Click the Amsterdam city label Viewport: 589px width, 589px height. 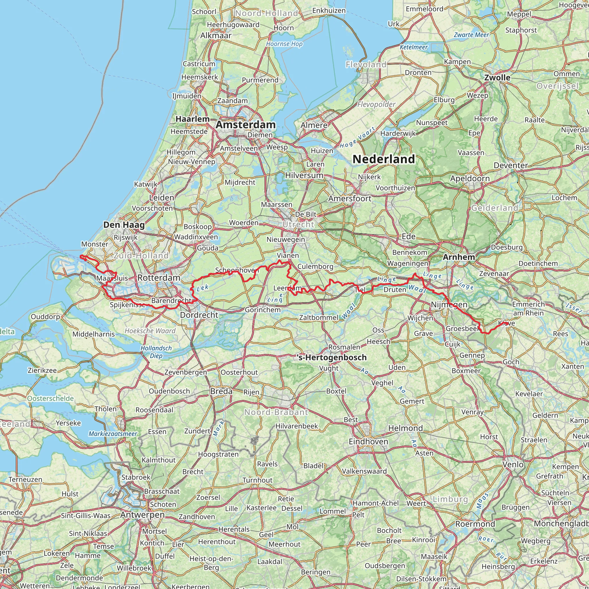point(245,125)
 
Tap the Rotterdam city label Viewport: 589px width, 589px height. point(159,278)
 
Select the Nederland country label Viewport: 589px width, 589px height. point(384,159)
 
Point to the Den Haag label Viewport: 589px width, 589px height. point(124,225)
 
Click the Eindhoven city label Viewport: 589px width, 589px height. point(368,441)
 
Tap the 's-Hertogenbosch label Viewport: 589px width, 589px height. point(332,357)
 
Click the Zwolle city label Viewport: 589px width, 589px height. point(497,77)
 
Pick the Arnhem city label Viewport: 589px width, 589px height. point(459,257)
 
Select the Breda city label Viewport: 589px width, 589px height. point(221,391)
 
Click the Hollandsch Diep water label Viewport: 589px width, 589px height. point(156,352)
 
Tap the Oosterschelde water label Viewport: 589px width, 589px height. point(51,398)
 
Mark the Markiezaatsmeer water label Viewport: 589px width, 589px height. point(113,433)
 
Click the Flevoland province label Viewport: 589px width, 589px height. point(366,64)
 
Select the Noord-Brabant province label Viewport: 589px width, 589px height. point(276,412)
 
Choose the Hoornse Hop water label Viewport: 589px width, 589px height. point(284,44)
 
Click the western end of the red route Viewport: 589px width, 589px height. point(81,256)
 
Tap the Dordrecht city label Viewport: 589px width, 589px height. point(199,315)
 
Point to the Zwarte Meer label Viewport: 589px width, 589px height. point(471,35)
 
